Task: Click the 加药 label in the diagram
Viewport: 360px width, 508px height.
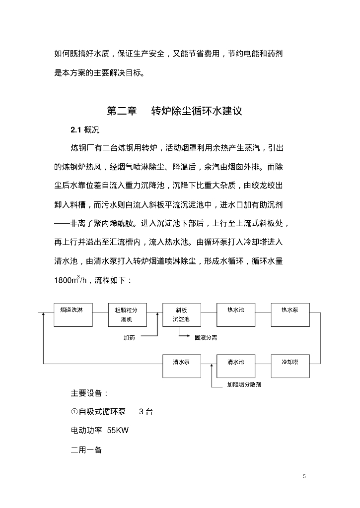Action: [x=130, y=337]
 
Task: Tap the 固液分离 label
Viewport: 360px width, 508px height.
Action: [x=206, y=337]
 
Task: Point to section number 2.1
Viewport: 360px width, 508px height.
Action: [x=75, y=130]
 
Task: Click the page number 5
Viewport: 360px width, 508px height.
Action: [x=304, y=476]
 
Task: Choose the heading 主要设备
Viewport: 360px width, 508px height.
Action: [x=89, y=393]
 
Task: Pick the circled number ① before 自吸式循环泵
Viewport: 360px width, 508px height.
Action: [x=74, y=411]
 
